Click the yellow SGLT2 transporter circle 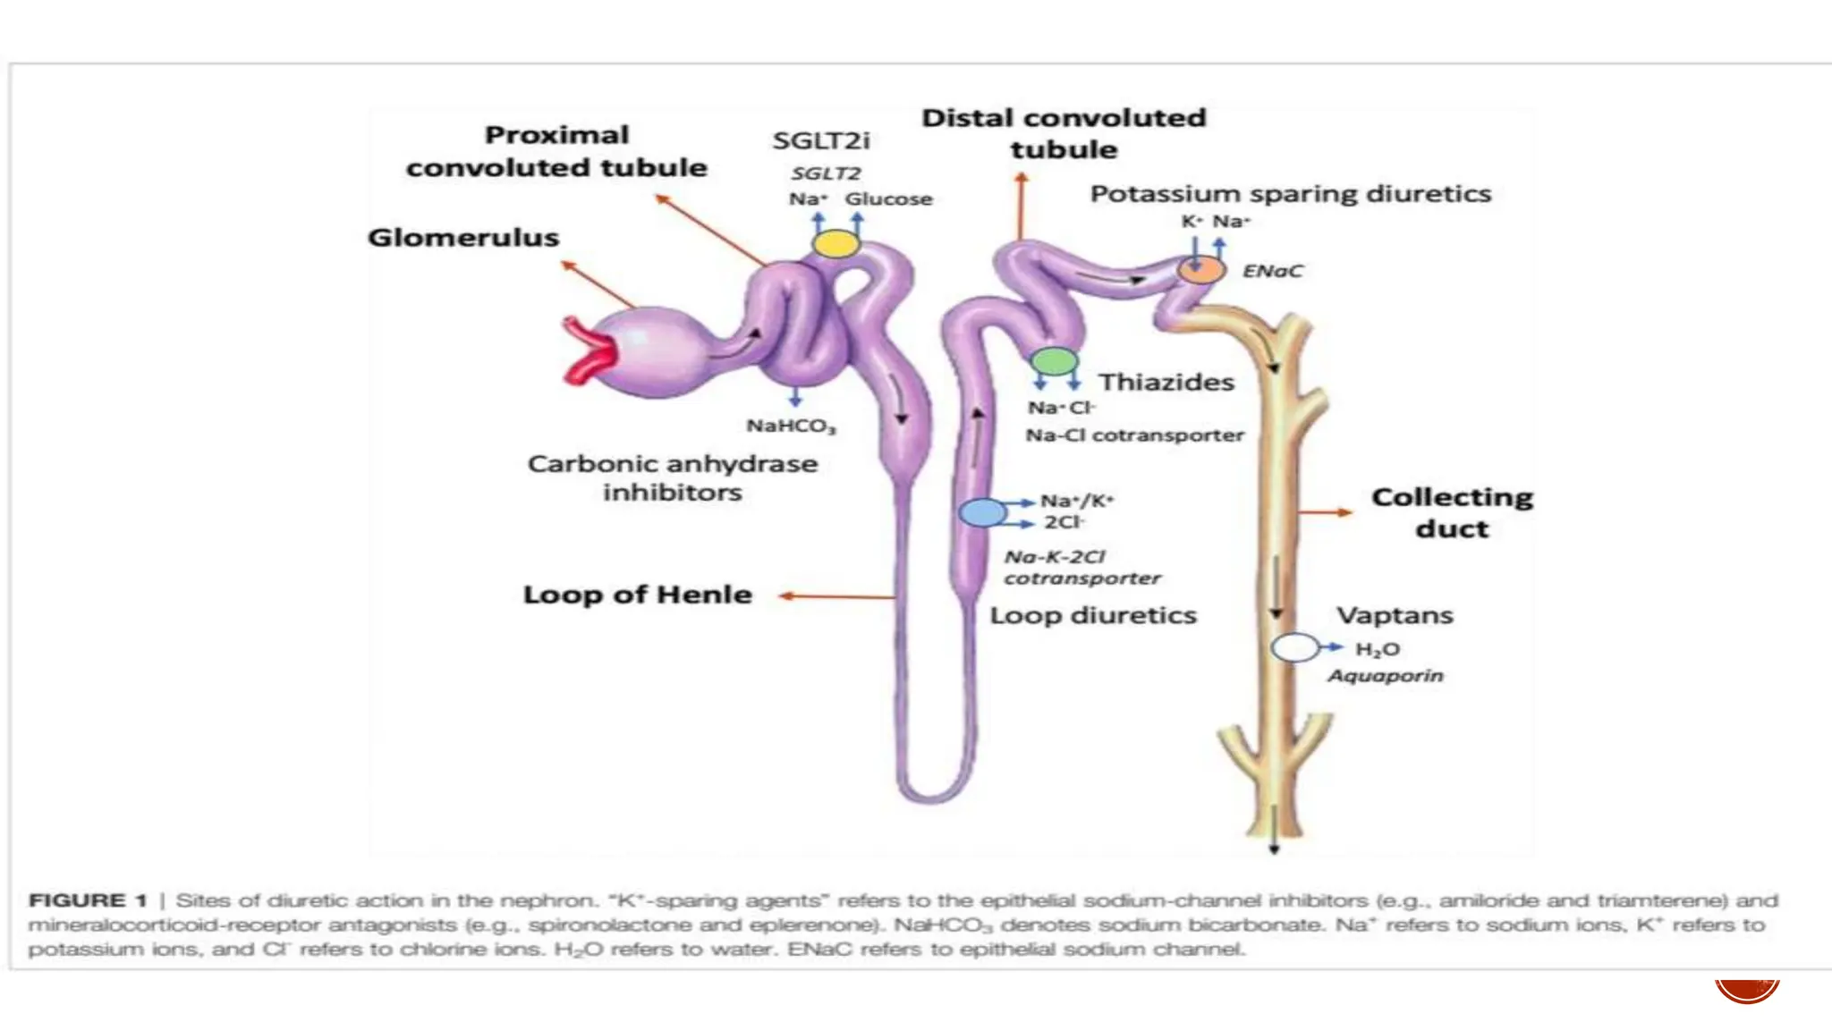836,243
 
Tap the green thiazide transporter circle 1054,361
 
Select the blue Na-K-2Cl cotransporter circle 982,512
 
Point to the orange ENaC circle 1200,268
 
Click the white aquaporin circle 1294,646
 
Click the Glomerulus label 463,238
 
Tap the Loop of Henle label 637,595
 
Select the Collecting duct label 1452,512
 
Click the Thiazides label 1166,383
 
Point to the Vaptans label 1395,615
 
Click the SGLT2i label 821,140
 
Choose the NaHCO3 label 792,426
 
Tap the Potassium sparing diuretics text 1290,194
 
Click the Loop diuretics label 1092,615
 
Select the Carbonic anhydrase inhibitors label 672,477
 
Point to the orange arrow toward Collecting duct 1325,512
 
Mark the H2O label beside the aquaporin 1377,649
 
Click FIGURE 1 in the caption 88,900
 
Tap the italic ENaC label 1272,271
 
